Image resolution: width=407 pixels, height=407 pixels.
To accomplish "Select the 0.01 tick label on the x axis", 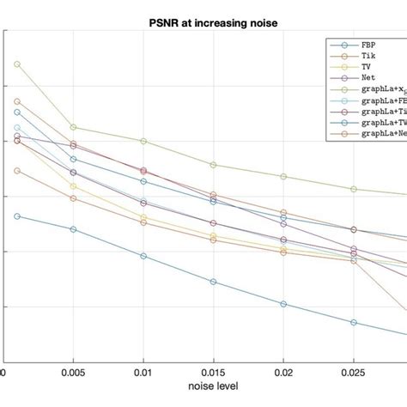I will [x=143, y=374].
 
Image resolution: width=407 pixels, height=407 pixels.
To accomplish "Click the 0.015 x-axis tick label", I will [x=213, y=374].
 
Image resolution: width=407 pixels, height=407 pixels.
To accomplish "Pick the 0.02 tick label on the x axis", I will [x=283, y=374].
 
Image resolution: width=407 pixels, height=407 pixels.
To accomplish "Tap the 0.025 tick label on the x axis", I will [x=354, y=374].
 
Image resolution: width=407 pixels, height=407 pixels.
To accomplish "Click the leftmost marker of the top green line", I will [x=17, y=64].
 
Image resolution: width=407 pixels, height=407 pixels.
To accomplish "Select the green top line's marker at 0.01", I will [x=143, y=141].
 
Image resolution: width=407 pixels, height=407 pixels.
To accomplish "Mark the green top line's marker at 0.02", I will [x=283, y=176].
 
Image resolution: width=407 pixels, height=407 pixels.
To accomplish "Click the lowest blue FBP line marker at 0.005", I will [x=73, y=229].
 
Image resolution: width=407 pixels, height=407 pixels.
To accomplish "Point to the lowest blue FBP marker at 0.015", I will [x=213, y=282].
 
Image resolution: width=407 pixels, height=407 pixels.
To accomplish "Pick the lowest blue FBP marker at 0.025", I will [x=354, y=322].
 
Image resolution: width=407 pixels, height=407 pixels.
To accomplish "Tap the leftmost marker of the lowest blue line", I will [x=17, y=216].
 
